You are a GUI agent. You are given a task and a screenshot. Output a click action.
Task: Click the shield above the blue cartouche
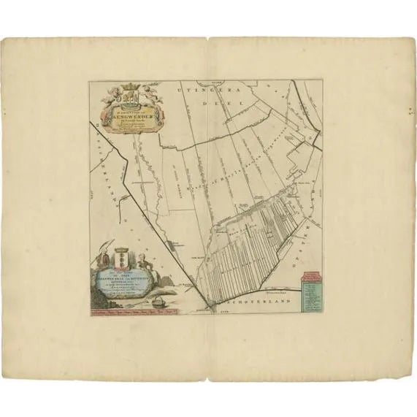coord(123,259)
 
